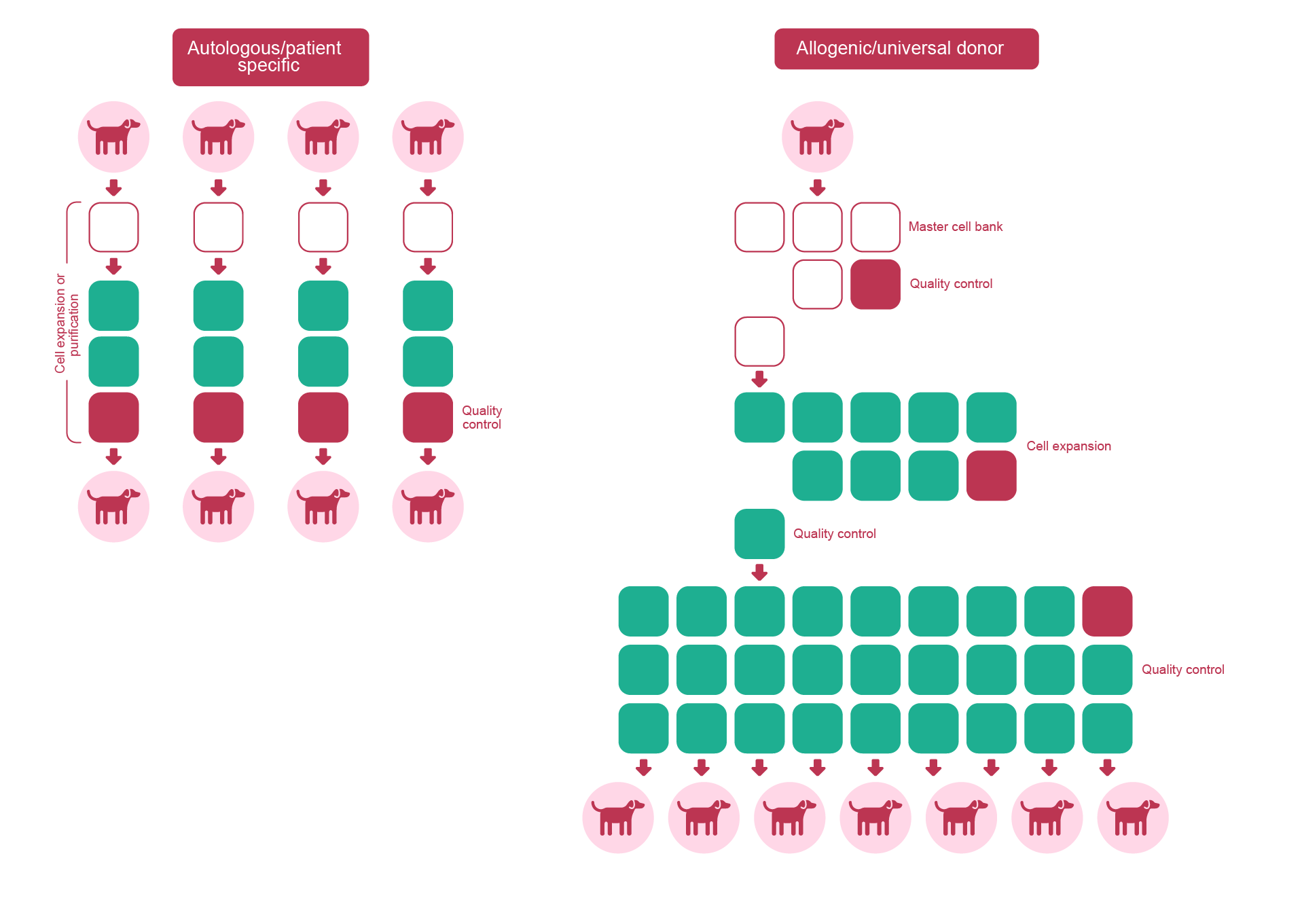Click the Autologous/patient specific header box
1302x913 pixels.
point(270,57)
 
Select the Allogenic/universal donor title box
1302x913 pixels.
point(906,48)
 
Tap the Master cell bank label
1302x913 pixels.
point(955,227)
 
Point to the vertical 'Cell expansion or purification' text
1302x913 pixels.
point(67,323)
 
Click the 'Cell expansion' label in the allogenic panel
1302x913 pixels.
point(1068,446)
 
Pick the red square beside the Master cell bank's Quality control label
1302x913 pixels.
point(875,285)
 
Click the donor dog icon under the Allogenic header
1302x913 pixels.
point(817,137)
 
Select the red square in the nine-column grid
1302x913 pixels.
point(1107,611)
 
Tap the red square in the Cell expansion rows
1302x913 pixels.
point(991,476)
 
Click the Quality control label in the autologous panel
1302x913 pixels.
point(482,418)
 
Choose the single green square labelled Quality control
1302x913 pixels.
point(759,534)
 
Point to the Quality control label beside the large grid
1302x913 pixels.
point(1182,670)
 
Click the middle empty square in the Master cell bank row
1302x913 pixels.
point(817,227)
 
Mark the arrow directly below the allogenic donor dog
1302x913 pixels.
point(817,187)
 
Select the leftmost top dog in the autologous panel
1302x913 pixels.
point(113,137)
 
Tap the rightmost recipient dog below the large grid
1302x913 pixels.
point(1132,817)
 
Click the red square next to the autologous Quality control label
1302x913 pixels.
point(428,418)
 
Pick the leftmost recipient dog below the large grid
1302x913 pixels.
point(618,817)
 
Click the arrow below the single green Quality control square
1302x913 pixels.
point(759,573)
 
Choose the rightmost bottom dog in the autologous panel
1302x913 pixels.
point(428,507)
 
